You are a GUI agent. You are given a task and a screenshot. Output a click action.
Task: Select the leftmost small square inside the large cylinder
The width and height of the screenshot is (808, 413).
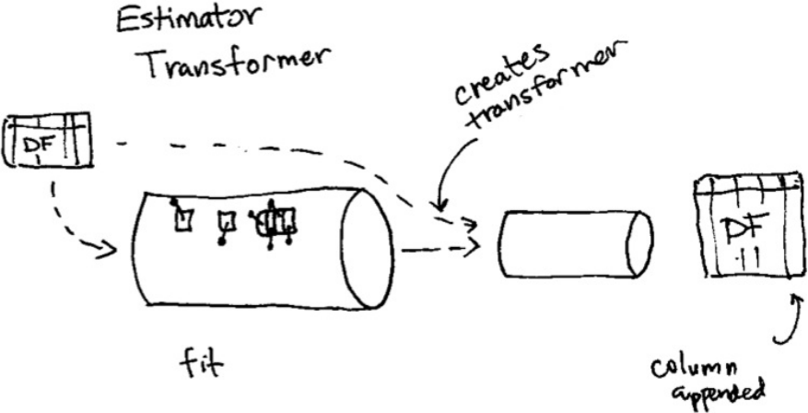coord(184,218)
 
